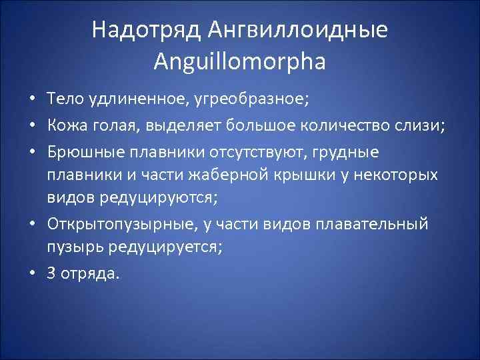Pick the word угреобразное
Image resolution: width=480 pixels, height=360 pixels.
click(x=252, y=100)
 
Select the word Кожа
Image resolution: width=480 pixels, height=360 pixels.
click(x=67, y=126)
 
